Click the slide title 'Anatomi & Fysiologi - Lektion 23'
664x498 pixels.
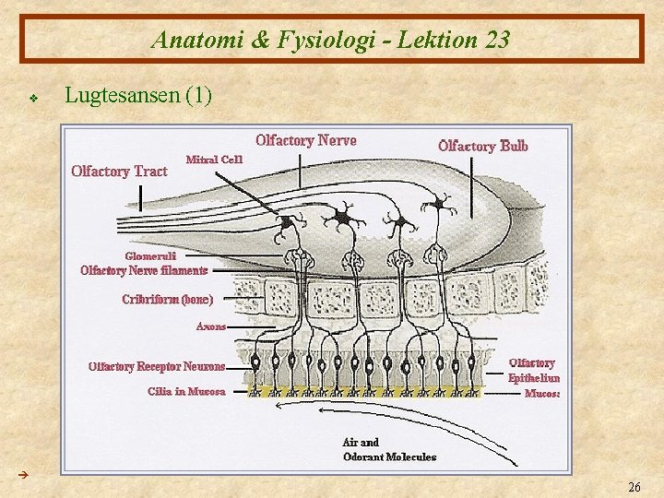pos(331,41)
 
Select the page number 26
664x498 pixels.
pos(634,486)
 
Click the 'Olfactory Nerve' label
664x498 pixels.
pos(306,141)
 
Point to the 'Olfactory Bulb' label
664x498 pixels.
pos(483,146)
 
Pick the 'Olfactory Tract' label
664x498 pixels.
pos(119,171)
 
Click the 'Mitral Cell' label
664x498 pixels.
pos(214,159)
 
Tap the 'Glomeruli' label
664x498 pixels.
pos(150,255)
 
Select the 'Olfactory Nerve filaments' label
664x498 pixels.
pos(144,270)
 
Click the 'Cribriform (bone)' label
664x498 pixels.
pos(167,300)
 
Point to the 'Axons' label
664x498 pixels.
pos(210,326)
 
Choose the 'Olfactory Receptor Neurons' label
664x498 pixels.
pos(156,367)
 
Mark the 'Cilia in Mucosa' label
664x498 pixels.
pos(186,391)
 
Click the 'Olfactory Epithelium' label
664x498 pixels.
pos(534,370)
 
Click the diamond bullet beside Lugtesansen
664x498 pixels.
pos(32,96)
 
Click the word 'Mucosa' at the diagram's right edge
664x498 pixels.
pos(542,394)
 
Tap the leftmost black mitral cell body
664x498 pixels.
pos(287,222)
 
